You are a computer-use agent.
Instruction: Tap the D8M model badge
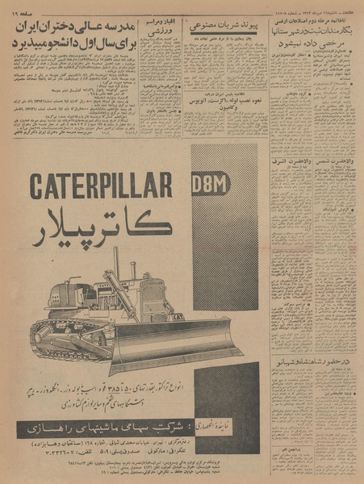211,184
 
